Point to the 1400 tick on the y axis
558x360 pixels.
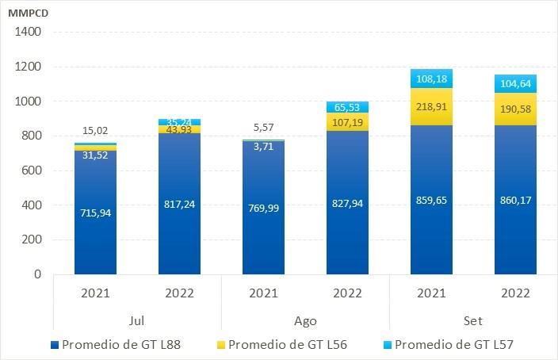tap(27, 33)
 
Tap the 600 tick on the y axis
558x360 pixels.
tap(30, 170)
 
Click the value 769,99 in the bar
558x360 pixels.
tap(263, 208)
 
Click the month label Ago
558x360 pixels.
tap(305, 321)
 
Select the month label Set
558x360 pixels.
tap(473, 321)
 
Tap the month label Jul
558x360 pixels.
tap(137, 321)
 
